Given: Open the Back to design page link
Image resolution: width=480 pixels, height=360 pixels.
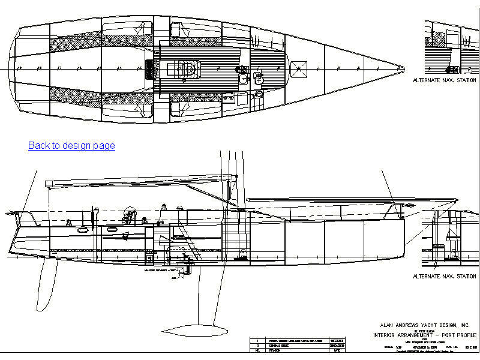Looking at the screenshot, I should click(71, 145).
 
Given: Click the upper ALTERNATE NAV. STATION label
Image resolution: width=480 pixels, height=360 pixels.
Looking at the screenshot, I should click(445, 80).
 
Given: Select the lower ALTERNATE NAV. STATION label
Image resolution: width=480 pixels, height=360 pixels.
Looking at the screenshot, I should click(445, 277).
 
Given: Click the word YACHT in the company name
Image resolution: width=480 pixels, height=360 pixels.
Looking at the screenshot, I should click(427, 325).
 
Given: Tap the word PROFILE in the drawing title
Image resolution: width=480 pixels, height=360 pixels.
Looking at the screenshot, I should click(461, 334).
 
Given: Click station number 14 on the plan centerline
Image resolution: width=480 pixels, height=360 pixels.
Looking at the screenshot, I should click(120, 68).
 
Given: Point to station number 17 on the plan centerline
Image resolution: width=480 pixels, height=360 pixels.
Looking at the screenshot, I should click(59, 68).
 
